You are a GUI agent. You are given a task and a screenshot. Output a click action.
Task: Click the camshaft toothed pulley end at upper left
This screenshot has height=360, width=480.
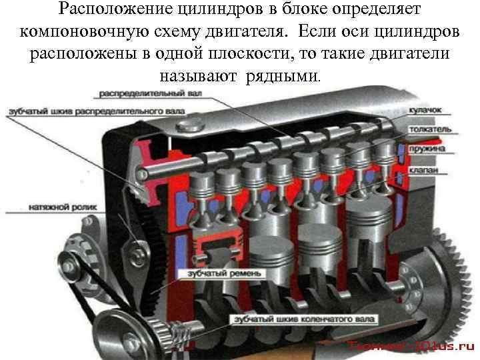(x=141, y=175)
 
